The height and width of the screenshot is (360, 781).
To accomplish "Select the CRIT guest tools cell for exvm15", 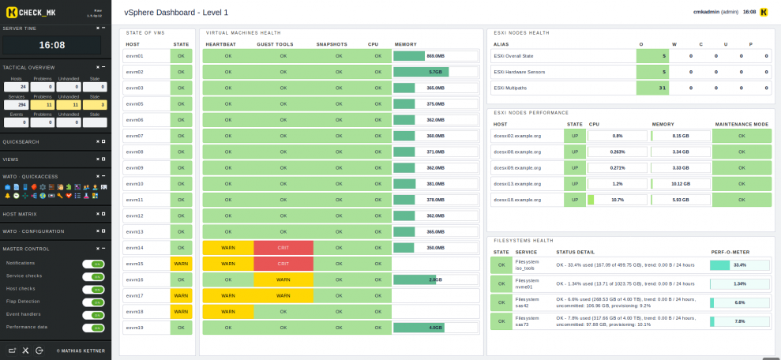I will (283, 264).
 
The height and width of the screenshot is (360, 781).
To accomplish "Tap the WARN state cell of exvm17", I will (181, 295).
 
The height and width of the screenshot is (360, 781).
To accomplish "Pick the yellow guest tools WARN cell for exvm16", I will (283, 279).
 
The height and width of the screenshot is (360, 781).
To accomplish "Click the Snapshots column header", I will (332, 44).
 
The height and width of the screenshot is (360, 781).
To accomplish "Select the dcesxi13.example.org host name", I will (518, 183).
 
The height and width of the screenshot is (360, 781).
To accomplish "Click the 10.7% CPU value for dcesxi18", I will (618, 200).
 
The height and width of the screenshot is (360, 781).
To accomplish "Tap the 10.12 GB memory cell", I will (680, 183).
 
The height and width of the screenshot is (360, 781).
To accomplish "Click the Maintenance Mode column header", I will (742, 124).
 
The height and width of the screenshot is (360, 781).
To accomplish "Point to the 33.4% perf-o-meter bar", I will (739, 265).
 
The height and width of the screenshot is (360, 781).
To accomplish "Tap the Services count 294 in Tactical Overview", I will (17, 104).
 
